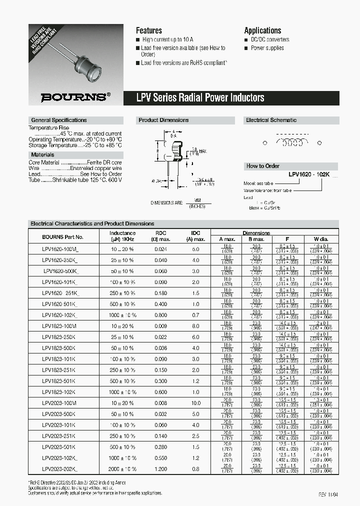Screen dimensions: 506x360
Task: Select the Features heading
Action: point(149,30)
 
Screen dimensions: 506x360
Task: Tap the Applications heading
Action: point(262,30)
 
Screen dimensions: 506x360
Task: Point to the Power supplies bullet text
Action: point(267,48)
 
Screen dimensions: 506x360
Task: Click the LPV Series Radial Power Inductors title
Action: point(200,97)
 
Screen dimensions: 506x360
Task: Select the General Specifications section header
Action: point(59,120)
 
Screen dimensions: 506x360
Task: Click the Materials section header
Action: point(42,154)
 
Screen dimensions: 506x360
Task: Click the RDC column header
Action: point(161,233)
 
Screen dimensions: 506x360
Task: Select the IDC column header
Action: point(196,233)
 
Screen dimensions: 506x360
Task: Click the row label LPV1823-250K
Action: point(59,337)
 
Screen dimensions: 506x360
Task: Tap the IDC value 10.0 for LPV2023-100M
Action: point(196,403)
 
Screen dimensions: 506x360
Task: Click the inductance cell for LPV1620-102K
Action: point(122,315)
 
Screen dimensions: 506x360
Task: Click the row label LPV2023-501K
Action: point(59,447)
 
